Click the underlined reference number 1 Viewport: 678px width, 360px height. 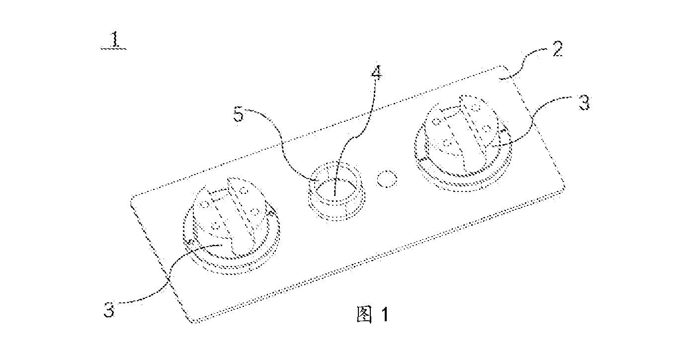(114, 41)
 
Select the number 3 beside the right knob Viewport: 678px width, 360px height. (584, 103)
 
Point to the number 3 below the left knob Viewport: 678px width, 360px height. (109, 309)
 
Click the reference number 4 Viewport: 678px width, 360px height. (376, 73)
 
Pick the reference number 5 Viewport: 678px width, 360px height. (239, 115)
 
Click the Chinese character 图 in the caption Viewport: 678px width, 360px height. (364, 314)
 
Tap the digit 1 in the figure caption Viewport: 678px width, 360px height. (385, 315)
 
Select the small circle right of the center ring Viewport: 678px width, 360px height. (387, 179)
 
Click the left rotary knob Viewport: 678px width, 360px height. (232, 226)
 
